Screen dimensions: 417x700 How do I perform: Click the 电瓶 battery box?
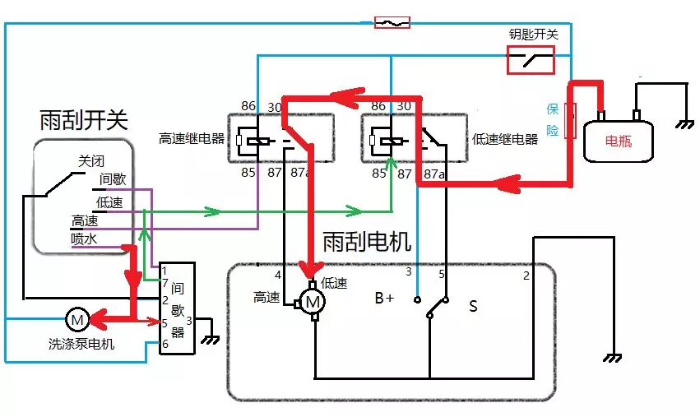618,141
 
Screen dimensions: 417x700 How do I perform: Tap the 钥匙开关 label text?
534,35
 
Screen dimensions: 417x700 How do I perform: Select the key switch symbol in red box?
530,60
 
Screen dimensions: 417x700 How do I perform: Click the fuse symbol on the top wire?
392,23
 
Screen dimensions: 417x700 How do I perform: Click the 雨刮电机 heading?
367,241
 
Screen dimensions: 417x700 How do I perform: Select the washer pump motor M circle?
76,318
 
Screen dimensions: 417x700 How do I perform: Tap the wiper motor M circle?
313,302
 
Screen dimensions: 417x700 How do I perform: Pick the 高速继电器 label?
192,139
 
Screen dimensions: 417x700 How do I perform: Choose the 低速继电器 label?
506,139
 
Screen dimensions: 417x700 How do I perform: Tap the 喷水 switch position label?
85,239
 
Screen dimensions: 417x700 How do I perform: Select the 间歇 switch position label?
113,178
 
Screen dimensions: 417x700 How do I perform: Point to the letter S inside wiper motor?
473,306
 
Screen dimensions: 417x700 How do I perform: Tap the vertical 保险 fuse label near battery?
554,120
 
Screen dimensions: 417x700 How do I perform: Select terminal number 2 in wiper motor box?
526,276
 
